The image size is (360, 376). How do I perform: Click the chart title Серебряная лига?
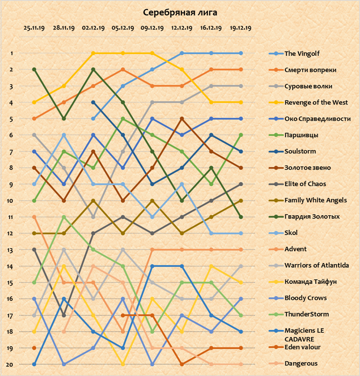tap(180, 12)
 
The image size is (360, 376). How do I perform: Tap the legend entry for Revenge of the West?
tap(316, 102)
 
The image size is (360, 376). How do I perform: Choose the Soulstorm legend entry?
tap(300, 151)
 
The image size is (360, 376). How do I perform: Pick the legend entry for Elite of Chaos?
tap(305, 184)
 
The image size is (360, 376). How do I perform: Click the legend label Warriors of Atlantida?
tap(316, 265)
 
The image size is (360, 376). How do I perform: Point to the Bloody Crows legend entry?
tap(305, 298)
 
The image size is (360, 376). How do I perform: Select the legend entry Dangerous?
tap(301, 364)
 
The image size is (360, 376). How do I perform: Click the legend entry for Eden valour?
tap(302, 347)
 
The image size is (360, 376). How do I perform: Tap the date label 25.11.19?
tap(34, 28)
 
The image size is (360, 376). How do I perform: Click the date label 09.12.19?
tap(152, 28)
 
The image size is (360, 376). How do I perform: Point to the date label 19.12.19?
tap(241, 28)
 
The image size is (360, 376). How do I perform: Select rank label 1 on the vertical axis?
tap(12, 53)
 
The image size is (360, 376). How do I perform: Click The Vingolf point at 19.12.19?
tap(241, 53)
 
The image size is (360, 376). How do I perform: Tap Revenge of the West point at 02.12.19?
tap(93, 53)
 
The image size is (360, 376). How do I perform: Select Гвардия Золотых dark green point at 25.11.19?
tap(34, 70)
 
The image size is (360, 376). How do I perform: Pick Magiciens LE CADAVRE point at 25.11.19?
tap(34, 364)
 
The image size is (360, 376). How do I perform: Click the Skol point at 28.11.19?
tap(64, 135)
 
